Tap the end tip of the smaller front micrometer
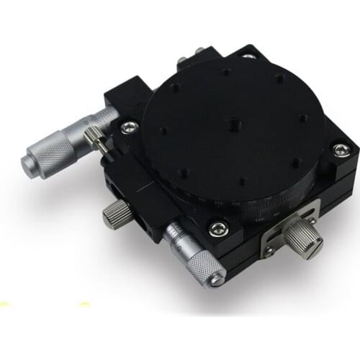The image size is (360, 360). (x=214, y=278)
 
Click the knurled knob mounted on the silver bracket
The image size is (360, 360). (x=305, y=240)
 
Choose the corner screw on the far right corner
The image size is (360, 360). (x=338, y=149)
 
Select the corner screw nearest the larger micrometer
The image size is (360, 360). (x=129, y=127)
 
